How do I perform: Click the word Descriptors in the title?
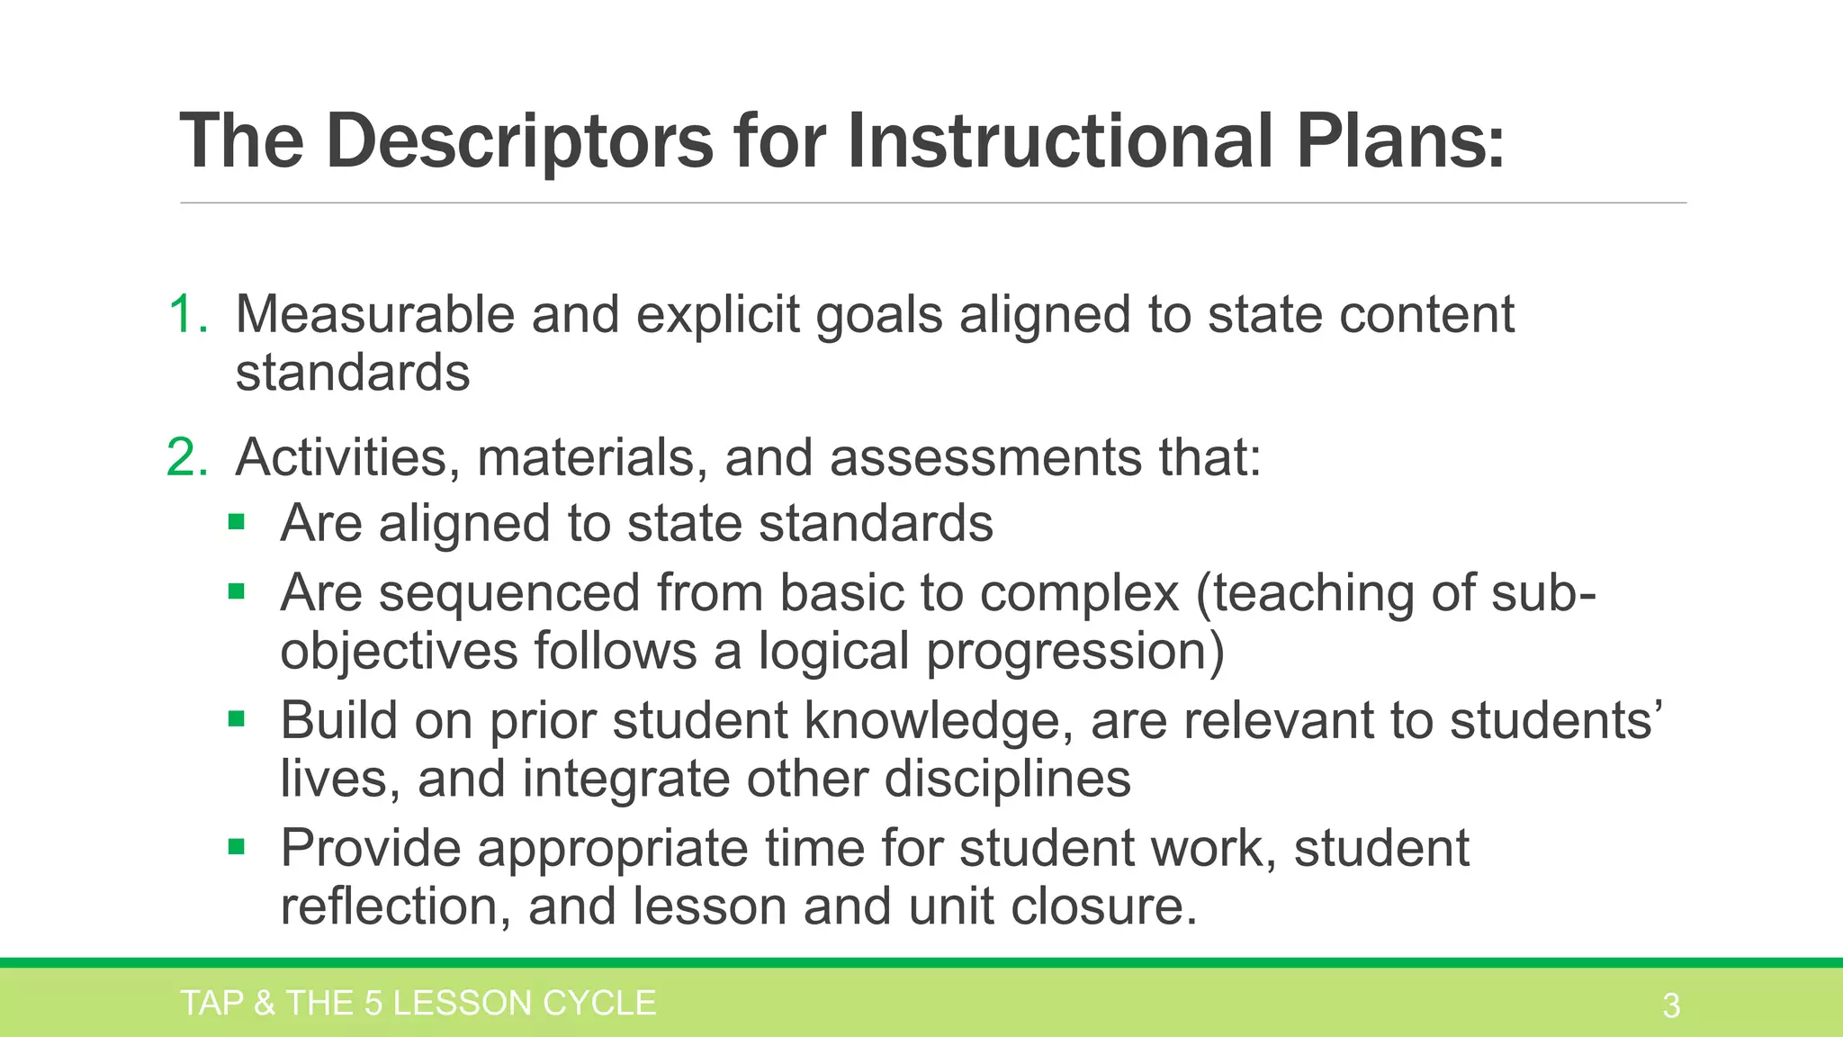pyautogui.click(x=519, y=142)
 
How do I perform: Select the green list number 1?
pyautogui.click(x=186, y=315)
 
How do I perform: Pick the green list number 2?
pyautogui.click(x=186, y=457)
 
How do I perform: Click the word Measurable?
pyautogui.click(x=374, y=315)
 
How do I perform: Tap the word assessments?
pyautogui.click(x=985, y=457)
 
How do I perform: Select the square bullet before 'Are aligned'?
pyautogui.click(x=237, y=521)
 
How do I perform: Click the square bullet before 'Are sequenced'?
pyautogui.click(x=237, y=591)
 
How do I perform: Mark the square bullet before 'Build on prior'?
pyautogui.click(x=237, y=718)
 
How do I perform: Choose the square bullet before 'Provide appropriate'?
pyautogui.click(x=237, y=846)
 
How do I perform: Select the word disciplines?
pyautogui.click(x=1007, y=779)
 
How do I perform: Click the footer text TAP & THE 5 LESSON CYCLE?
pyautogui.click(x=418, y=1004)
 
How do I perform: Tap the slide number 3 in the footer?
pyautogui.click(x=1671, y=1005)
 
